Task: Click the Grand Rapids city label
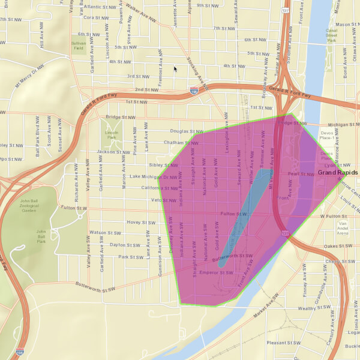point(338,173)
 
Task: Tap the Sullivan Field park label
point(79,47)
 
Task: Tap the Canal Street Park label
point(332,36)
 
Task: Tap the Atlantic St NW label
point(100,7)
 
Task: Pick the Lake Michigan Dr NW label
point(154,176)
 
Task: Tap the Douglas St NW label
point(187,131)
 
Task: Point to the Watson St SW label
point(105,233)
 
